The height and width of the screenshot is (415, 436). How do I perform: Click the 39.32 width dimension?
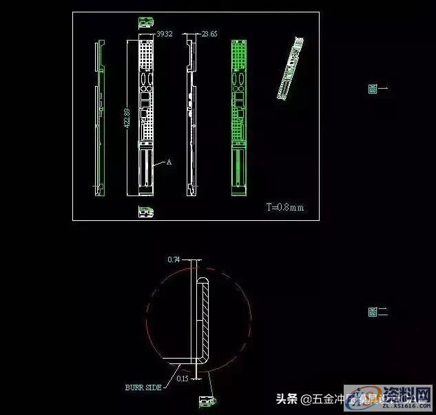click(164, 33)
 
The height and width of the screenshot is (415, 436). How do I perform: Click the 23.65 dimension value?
click(209, 33)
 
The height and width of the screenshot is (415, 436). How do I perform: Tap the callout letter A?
click(169, 162)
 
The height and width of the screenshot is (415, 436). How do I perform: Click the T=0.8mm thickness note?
click(285, 206)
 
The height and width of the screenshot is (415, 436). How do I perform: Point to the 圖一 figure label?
click(377, 89)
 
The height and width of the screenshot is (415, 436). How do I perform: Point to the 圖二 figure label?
click(377, 312)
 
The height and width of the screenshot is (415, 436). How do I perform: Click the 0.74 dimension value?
click(174, 259)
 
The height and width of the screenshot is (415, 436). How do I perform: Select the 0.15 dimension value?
click(182, 379)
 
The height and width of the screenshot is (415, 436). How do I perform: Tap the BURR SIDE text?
click(143, 387)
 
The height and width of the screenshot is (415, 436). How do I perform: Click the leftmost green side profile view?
click(99, 117)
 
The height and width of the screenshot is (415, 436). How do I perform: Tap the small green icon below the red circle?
click(207, 400)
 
